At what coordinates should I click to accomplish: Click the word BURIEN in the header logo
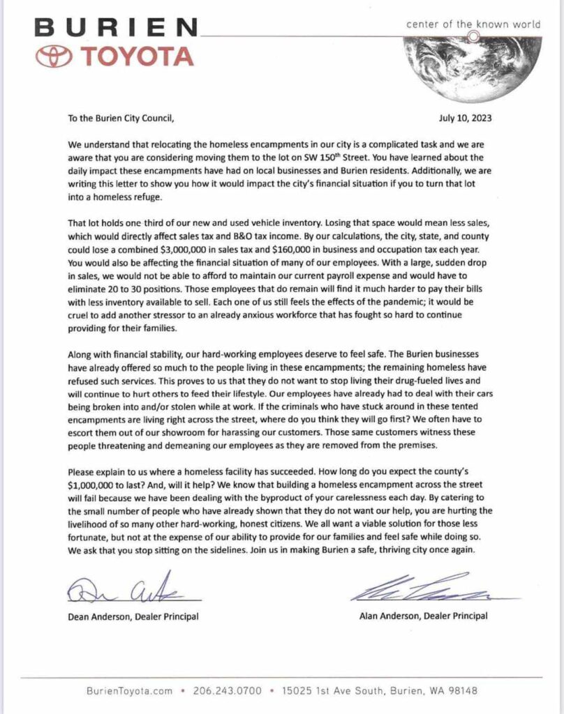(x=115, y=29)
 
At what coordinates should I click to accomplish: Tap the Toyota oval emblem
(x=57, y=57)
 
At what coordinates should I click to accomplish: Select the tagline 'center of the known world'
(x=474, y=24)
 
